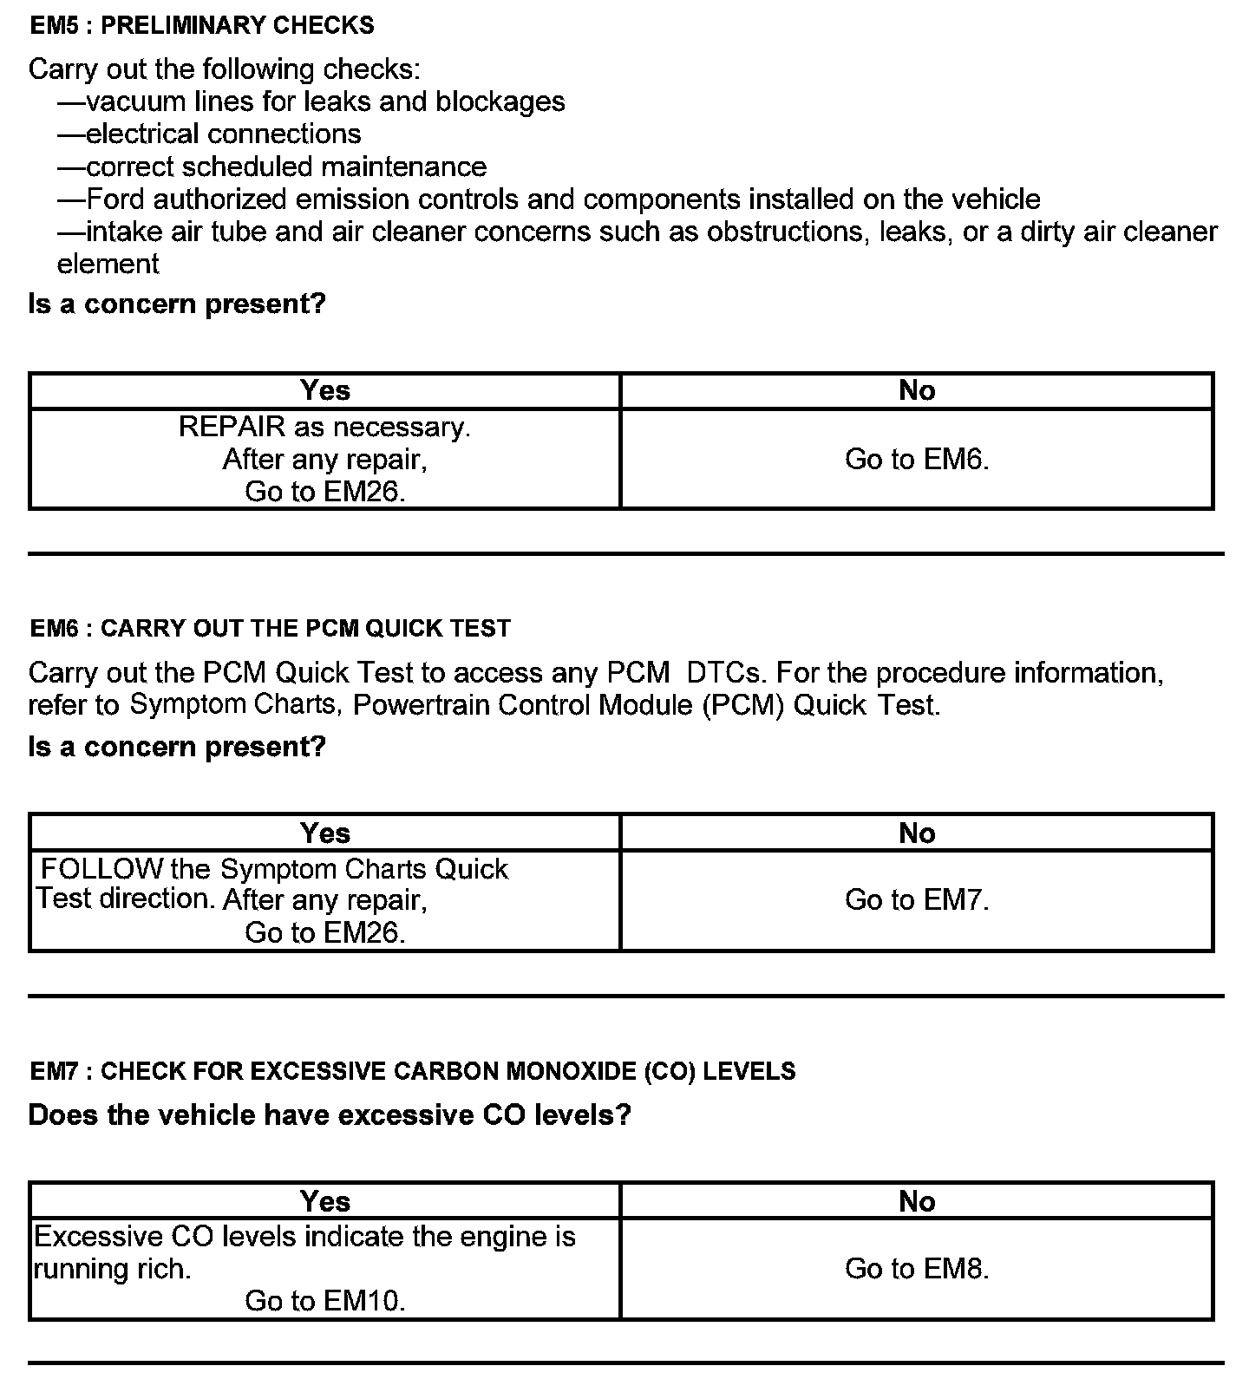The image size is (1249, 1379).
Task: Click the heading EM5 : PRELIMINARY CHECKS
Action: coord(202,25)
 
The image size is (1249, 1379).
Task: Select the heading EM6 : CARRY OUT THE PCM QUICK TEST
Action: coord(270,628)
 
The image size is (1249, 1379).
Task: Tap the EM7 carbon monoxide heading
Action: coord(412,1071)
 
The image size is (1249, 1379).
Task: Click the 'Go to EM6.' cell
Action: coord(917,459)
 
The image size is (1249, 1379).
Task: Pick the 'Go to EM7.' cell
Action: coord(917,900)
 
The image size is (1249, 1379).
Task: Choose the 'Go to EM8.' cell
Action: coord(917,1269)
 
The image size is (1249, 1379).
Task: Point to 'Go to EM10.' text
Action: coord(325,1301)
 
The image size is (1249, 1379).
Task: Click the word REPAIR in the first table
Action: coord(232,427)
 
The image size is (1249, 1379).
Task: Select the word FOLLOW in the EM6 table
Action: coord(102,868)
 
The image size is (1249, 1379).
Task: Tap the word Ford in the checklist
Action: coord(115,199)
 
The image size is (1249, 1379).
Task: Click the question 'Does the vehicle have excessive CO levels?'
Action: coord(330,1114)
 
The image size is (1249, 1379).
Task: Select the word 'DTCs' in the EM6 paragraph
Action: coord(726,672)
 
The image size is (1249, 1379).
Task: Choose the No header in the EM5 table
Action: coord(917,390)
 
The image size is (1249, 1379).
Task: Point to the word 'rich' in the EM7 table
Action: coord(163,1269)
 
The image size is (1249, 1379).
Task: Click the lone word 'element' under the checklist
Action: coord(108,264)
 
